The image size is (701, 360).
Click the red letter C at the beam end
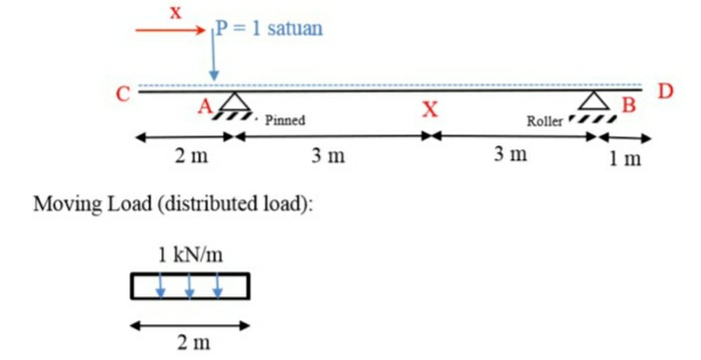123,94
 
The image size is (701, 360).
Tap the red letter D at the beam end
665,90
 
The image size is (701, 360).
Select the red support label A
205,106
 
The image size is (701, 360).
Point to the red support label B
628,105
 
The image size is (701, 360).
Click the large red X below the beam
431,108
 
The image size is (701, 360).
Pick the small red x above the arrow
176,13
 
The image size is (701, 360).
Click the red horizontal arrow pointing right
170,31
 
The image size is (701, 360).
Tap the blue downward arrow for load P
214,55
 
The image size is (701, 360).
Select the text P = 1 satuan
269,28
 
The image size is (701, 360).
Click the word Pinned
285,120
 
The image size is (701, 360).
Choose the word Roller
545,120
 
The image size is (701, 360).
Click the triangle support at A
235,101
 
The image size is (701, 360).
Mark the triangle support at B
594,100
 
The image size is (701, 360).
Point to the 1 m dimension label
625,158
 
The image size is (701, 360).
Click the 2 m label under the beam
191,156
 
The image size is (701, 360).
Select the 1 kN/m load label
191,255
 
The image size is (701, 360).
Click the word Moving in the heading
68,204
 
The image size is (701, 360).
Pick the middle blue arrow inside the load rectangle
189,286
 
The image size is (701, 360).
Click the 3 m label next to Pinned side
328,155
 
